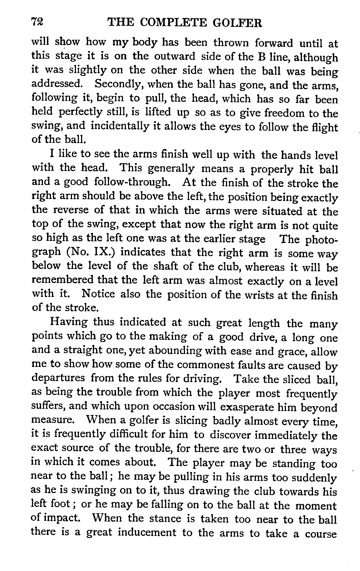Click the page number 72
point(37,23)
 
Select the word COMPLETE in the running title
point(174,23)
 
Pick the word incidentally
point(120,126)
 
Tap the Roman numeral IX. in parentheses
point(104,253)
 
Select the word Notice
point(98,294)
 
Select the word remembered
point(63,281)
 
